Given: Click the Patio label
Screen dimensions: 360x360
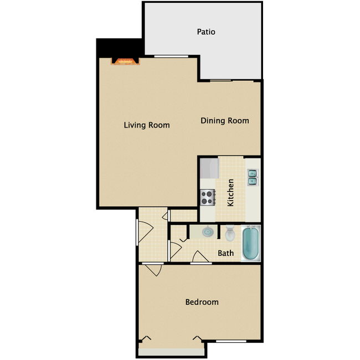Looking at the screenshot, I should [206, 32].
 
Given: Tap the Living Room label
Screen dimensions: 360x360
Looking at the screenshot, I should [146, 125].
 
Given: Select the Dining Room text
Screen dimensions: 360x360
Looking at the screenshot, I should [224, 121].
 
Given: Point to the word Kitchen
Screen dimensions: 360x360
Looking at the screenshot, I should [230, 192].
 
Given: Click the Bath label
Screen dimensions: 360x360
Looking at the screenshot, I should [225, 254].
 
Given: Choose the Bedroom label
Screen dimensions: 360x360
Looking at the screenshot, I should [202, 302].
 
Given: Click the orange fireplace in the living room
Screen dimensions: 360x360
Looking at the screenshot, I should [125, 61].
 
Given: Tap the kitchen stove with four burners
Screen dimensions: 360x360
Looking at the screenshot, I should [208, 196].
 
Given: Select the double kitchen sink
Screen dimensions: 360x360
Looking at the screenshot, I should [252, 176].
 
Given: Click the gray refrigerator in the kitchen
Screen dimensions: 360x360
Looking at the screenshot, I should [209, 168].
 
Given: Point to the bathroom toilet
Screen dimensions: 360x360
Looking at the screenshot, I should [230, 233].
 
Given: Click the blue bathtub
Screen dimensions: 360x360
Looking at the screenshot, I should [251, 244].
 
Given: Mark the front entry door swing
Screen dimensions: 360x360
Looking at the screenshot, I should [143, 231].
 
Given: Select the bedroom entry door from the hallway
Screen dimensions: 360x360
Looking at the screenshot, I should [153, 270].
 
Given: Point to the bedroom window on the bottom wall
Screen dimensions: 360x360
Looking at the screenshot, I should [230, 341].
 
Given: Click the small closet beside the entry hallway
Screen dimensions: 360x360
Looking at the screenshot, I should [183, 215].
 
